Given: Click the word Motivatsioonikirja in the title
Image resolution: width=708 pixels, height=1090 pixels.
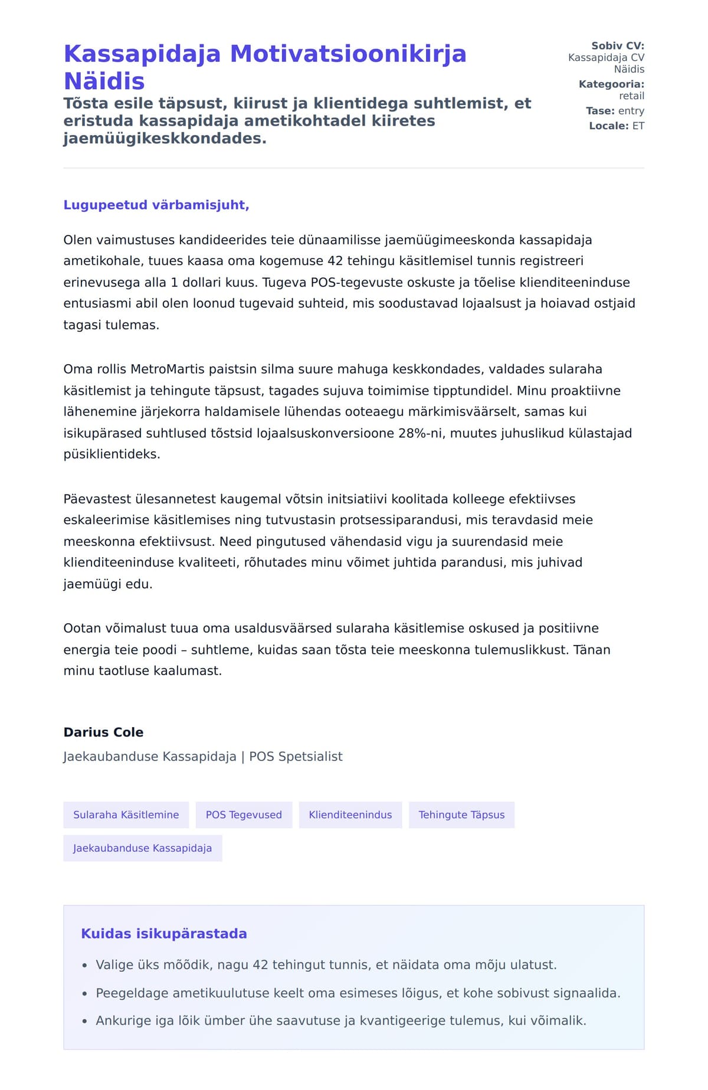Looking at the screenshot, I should coord(348,54).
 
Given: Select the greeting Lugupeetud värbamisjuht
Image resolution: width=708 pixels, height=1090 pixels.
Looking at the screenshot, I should coord(156,205).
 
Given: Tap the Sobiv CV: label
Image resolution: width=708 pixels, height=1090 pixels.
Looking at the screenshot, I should coord(618,45).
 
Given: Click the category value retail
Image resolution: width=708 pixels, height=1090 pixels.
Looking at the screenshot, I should coord(631,96).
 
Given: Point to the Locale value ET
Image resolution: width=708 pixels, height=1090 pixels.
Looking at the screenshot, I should coord(638,126).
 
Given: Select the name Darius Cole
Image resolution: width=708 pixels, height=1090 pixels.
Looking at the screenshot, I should coord(103,732).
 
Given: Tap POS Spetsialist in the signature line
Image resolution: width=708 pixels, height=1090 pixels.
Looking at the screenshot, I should coord(296,757).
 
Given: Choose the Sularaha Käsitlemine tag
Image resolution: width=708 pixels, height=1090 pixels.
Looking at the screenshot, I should coord(126,815).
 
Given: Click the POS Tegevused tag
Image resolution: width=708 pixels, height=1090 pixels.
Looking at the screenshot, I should coord(244,815).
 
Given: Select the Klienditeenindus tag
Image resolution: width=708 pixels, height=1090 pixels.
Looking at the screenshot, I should coord(350,815).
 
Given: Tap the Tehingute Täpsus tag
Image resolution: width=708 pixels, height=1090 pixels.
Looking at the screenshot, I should coord(461,815).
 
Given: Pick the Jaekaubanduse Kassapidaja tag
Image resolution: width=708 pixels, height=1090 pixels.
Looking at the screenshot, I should coord(142,848).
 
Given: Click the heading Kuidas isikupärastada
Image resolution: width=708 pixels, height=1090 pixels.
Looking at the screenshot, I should coord(163,934).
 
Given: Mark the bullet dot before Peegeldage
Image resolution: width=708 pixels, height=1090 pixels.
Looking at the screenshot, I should coord(85,994).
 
